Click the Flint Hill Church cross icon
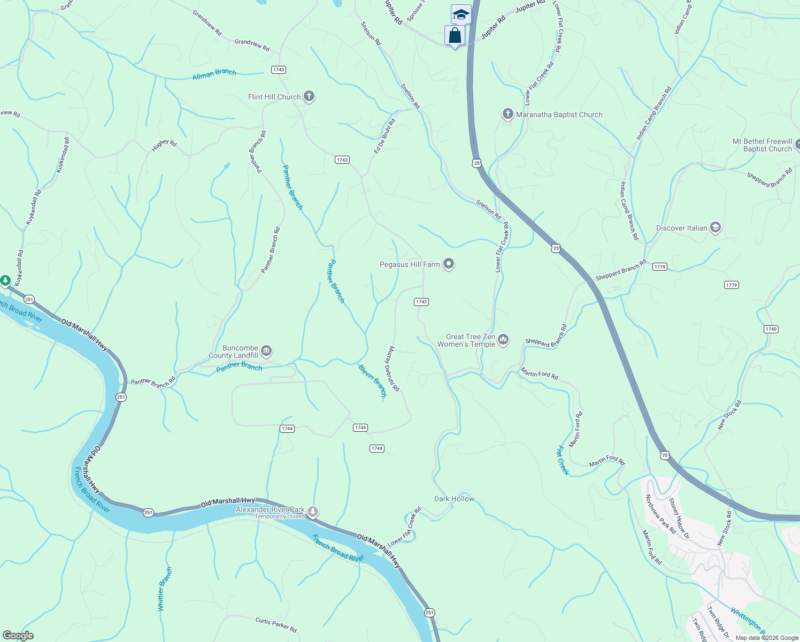309,96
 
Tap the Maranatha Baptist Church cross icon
507,114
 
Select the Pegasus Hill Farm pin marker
449,264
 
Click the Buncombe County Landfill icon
266,351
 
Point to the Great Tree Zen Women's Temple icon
503,340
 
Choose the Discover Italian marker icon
716,227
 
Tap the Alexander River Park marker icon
313,512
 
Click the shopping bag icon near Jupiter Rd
455,36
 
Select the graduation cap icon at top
460,14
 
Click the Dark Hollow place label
454,499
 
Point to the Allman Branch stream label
214,74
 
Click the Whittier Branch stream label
165,589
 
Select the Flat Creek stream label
563,460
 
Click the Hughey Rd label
164,145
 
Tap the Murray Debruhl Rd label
393,369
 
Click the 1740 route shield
771,329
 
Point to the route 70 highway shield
664,455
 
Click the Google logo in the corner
18,636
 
